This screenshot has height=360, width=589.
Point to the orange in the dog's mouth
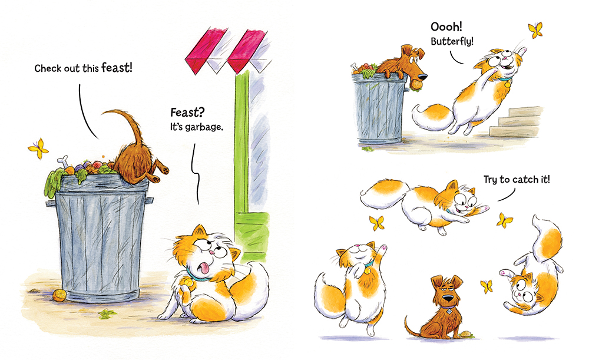tap(416, 85)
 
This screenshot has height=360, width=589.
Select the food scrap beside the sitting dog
tap(468, 334)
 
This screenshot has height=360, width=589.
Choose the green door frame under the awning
tap(240, 153)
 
